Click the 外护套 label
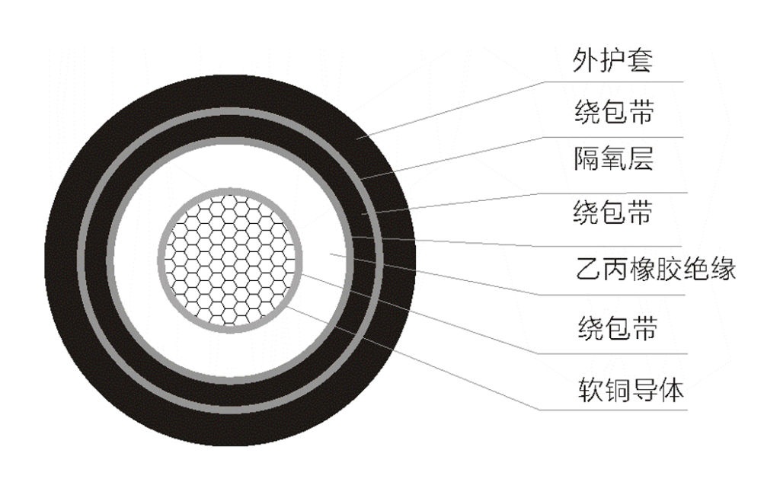point(612,60)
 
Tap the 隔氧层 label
point(613,158)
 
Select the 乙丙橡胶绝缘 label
point(656,269)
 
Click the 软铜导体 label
point(631,389)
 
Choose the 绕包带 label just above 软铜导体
point(617,327)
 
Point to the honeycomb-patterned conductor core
point(230,260)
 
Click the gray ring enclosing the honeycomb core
point(161,260)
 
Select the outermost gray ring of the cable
point(81,260)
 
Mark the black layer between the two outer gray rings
point(96,260)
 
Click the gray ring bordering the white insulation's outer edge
point(110,260)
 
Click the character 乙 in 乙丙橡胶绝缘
point(589,269)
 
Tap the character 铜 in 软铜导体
point(617,389)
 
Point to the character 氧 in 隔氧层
point(613,158)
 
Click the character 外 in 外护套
point(585,60)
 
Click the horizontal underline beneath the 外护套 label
point(614,81)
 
